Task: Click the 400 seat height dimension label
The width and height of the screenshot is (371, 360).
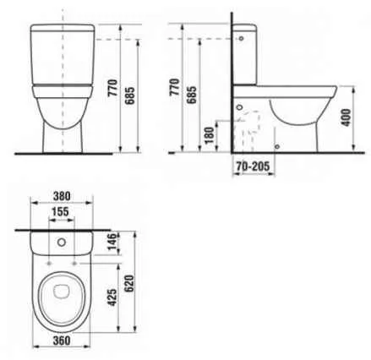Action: pyautogui.click(x=346, y=117)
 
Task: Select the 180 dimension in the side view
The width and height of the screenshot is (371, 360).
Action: pyautogui.click(x=210, y=135)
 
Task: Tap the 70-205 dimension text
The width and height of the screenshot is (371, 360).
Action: pyautogui.click(x=253, y=166)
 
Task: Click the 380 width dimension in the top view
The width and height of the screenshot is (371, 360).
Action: pyautogui.click(x=62, y=196)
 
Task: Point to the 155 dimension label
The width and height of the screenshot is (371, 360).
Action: pyautogui.click(x=61, y=211)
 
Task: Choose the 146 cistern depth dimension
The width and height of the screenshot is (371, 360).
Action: pyautogui.click(x=112, y=241)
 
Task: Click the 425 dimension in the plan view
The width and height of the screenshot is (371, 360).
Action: pyautogui.click(x=112, y=297)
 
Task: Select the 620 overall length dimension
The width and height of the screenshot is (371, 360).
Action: pyautogui.click(x=129, y=284)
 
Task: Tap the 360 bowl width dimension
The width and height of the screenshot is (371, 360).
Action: pyautogui.click(x=62, y=341)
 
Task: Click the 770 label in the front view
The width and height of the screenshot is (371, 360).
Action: pyautogui.click(x=112, y=88)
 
